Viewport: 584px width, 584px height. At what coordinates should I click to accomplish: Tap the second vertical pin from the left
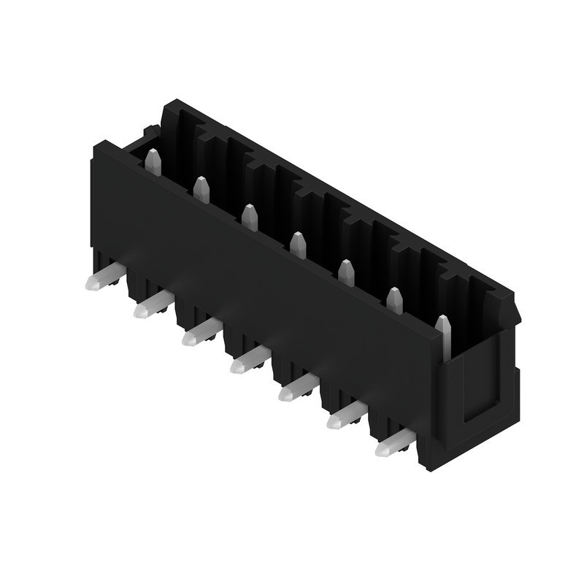tap(201, 190)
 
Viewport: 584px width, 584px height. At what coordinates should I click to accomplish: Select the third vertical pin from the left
tap(250, 218)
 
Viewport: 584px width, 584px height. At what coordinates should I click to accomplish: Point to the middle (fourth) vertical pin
tap(298, 245)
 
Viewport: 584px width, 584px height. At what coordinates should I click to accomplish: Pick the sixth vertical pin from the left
tap(394, 300)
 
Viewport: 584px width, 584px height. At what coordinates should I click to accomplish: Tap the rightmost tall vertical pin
tap(443, 337)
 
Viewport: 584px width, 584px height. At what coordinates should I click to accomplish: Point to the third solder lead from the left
tap(200, 334)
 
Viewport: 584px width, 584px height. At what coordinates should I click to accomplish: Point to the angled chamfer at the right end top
tap(511, 310)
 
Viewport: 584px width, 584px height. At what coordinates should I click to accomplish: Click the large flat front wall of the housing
tap(263, 292)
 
